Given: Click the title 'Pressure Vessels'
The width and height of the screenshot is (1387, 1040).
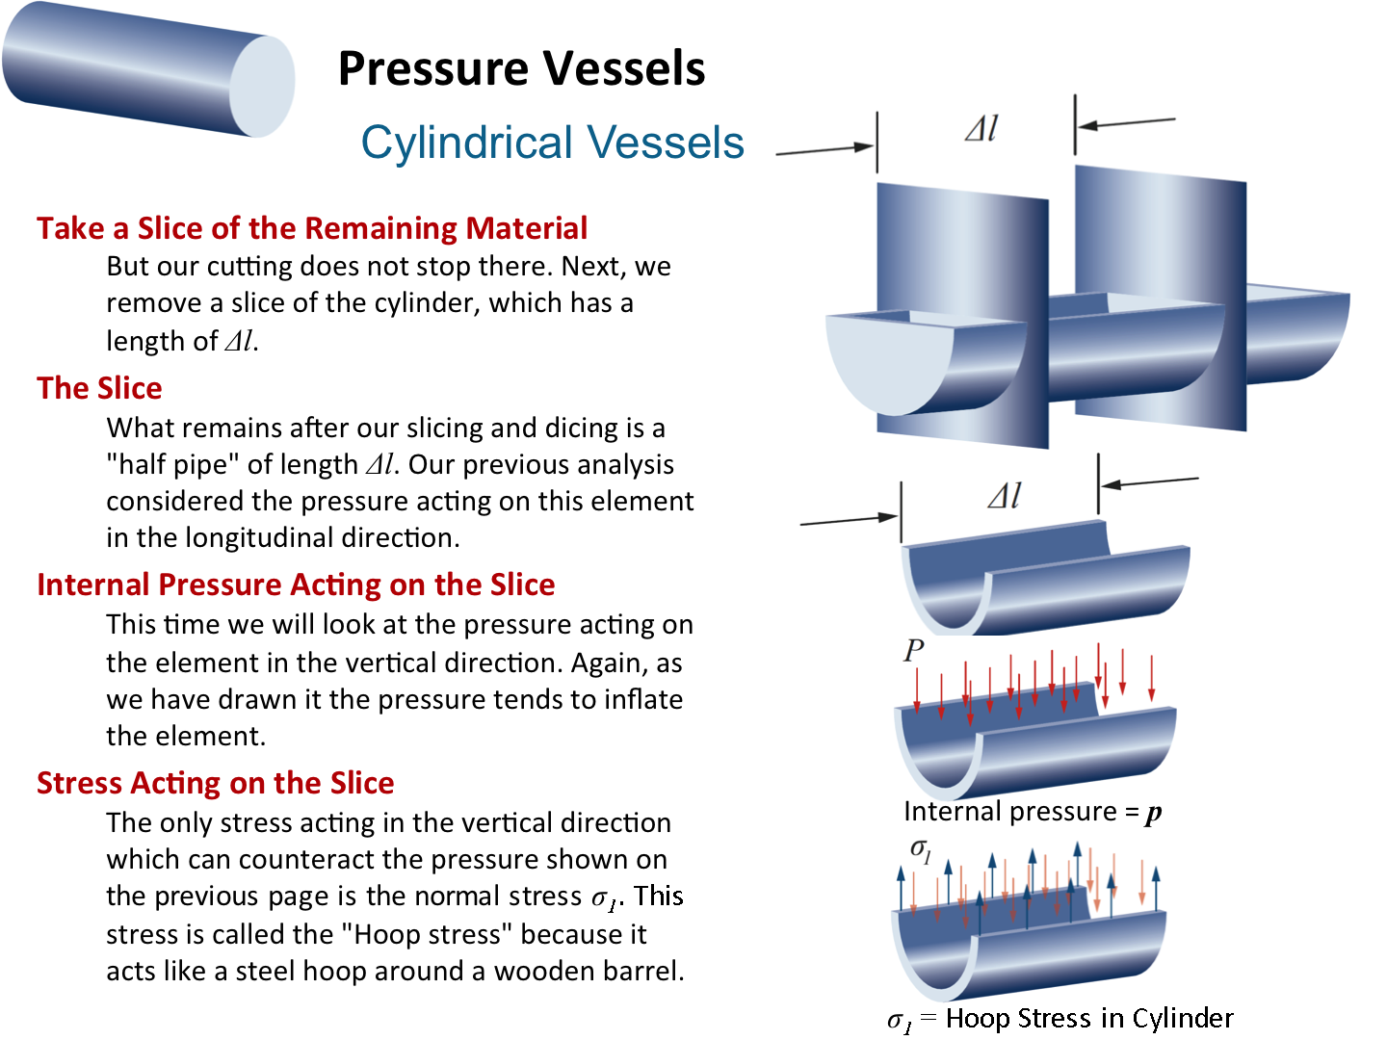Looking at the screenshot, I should pos(521,68).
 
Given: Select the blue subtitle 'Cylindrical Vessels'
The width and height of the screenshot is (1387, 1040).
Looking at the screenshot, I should pos(552,143).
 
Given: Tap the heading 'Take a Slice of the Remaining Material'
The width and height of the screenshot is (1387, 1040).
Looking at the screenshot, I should pos(312,228).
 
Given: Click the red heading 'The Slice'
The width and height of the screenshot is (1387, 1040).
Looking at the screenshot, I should pos(99,388).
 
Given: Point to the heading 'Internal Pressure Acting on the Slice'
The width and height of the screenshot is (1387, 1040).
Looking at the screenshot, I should pos(296,585).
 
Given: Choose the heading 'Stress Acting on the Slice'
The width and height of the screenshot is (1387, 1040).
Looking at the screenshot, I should pos(216,783).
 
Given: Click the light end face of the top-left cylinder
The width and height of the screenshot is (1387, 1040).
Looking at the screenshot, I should pos(261,87).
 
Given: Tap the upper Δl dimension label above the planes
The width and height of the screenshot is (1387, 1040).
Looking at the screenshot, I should pos(981,129).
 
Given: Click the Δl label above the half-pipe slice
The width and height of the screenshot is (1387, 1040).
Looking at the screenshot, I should pos(1005,497).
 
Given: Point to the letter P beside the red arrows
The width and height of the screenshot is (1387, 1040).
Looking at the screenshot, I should pos(913,652).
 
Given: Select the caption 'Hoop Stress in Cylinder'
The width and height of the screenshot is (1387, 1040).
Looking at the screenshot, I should pos(1088,1018).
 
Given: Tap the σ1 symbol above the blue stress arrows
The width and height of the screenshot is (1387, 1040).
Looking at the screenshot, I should pos(921,851).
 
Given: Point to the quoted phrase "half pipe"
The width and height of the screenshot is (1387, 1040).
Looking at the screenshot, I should pos(172,464).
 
